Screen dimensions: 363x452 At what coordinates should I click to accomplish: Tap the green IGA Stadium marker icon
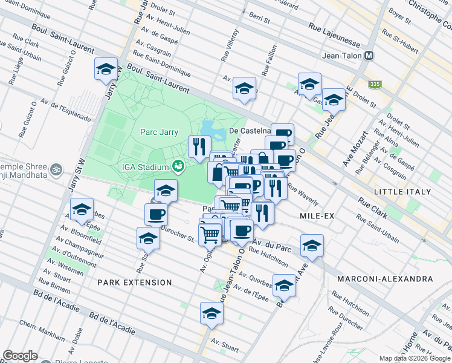[x=178, y=166]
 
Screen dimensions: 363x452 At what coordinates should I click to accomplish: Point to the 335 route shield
[x=376, y=83]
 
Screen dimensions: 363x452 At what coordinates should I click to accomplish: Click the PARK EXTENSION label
[x=134, y=283]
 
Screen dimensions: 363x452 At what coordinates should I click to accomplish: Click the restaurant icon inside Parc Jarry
[x=198, y=146]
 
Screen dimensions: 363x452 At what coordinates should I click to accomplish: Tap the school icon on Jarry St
[x=106, y=69]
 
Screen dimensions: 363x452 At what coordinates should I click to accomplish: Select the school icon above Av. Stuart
[x=211, y=313]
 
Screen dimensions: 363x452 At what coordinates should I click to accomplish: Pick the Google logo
[x=20, y=356]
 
